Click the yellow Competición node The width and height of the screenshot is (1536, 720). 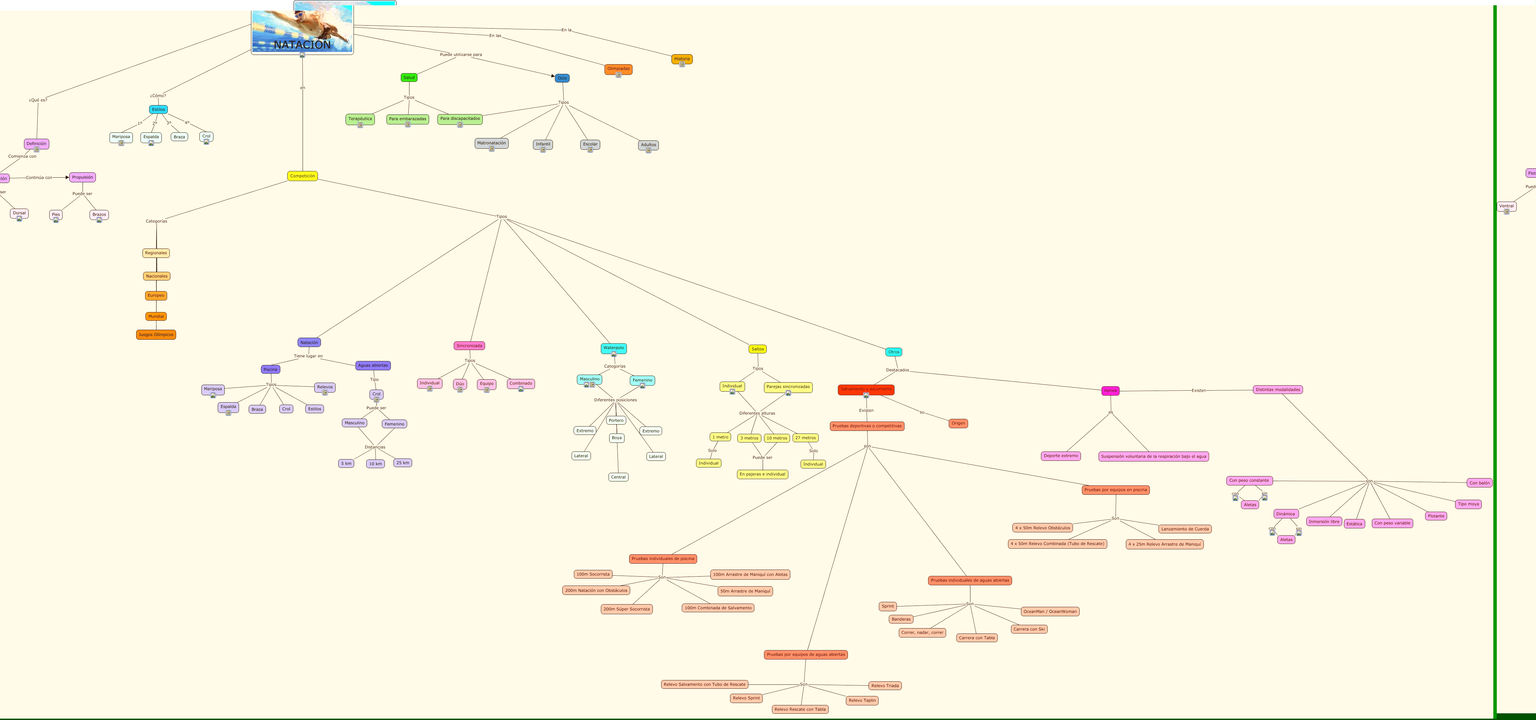[x=302, y=176]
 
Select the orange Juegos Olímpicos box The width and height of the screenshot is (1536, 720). [x=156, y=334]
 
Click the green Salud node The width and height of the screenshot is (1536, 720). [x=409, y=78]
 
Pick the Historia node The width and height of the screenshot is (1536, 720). [x=681, y=59]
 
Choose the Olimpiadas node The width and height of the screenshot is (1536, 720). [x=618, y=69]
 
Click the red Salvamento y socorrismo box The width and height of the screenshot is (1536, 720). [x=866, y=389]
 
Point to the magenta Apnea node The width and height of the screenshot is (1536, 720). [x=1110, y=390]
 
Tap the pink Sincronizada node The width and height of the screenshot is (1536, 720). [x=469, y=346]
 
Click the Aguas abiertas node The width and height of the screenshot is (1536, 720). [x=373, y=365]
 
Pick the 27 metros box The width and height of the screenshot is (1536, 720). [x=805, y=438]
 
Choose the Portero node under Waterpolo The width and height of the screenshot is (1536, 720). [x=616, y=420]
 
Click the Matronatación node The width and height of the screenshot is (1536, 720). [x=491, y=143]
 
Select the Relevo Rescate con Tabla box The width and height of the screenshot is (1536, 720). [x=800, y=709]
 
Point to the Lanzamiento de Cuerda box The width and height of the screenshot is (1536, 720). [x=1185, y=529]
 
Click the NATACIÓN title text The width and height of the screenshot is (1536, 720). [x=302, y=45]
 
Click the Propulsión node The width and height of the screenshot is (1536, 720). [x=82, y=177]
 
